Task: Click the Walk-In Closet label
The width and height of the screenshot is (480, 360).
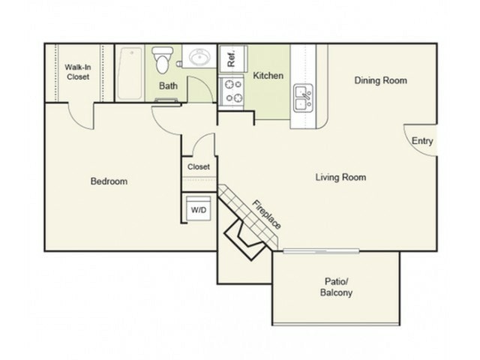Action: tap(78, 71)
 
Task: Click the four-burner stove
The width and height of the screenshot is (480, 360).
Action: tap(232, 91)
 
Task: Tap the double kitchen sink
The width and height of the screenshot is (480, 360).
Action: tap(303, 98)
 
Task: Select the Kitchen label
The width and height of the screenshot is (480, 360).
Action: tap(268, 76)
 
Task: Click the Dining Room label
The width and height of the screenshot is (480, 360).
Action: tap(380, 80)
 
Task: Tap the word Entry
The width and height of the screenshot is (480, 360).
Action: tap(421, 141)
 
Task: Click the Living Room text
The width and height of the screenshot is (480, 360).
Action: tap(340, 178)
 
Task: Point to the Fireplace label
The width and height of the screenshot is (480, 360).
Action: tap(266, 214)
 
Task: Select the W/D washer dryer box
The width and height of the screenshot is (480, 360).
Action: tap(198, 210)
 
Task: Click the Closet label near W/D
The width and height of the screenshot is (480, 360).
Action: tap(199, 166)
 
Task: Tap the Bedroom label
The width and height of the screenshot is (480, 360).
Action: tap(109, 181)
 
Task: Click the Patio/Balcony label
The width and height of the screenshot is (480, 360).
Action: tap(334, 286)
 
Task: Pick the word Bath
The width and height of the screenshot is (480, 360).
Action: tap(168, 85)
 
